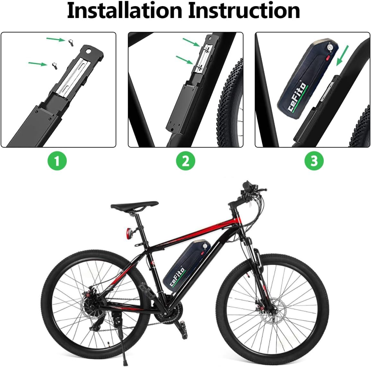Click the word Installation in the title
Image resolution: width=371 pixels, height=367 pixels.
(x=124, y=11)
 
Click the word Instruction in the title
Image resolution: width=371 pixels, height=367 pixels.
(x=244, y=11)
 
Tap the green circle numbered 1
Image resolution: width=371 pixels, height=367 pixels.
(x=57, y=161)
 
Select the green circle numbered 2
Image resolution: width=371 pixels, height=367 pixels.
(x=186, y=161)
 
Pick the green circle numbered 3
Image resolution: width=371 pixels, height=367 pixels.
(x=314, y=161)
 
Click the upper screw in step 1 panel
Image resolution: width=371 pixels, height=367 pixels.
(x=71, y=42)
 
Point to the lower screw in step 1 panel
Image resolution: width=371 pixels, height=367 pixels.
(x=55, y=65)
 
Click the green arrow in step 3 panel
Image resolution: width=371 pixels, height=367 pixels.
(x=342, y=55)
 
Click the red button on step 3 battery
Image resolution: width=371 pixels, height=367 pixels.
(x=328, y=58)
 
